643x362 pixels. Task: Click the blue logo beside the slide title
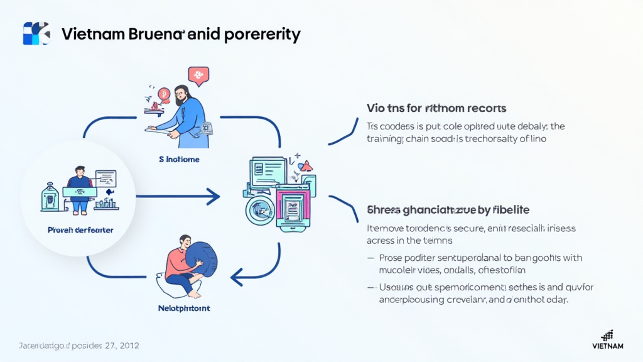36,33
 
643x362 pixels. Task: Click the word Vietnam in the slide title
87,34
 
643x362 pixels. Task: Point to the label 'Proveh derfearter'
80,230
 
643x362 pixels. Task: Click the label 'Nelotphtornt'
184,309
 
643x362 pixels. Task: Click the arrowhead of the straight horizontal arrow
213,197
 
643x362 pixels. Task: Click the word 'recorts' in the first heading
484,108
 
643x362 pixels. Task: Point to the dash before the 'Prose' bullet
370,258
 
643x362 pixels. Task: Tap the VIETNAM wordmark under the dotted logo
607,346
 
